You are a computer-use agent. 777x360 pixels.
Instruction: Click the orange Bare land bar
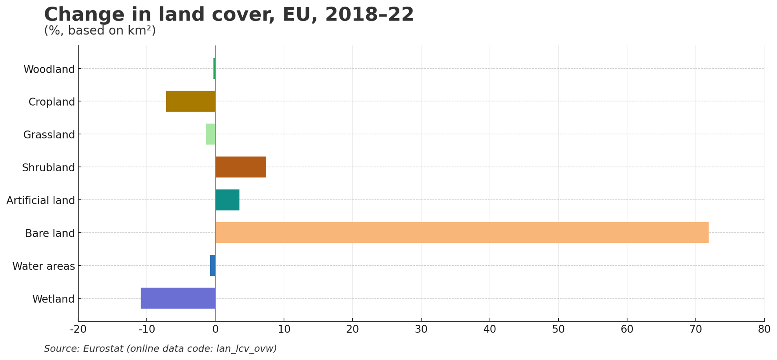click(462, 232)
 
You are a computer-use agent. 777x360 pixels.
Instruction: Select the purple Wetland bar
click(178, 298)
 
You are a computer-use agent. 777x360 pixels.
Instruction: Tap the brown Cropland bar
click(190, 101)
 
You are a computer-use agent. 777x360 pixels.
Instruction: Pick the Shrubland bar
click(240, 167)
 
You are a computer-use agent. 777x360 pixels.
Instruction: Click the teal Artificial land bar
click(227, 200)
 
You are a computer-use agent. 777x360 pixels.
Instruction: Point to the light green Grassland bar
click(210, 134)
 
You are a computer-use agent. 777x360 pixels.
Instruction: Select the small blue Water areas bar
click(213, 265)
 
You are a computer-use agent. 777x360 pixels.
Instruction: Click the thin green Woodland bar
click(214, 68)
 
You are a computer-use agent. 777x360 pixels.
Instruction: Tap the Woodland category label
click(49, 69)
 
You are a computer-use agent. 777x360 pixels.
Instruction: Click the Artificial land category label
click(40, 200)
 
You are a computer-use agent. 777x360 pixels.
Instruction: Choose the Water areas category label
click(44, 266)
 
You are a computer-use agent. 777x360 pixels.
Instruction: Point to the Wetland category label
click(53, 299)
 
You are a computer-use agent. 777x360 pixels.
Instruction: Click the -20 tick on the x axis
click(78, 329)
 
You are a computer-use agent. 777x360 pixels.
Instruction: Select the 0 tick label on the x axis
click(215, 329)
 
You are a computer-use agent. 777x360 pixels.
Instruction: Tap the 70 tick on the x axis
click(695, 329)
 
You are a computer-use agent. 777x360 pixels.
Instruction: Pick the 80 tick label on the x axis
click(764, 329)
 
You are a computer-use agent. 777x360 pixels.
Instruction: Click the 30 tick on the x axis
click(421, 329)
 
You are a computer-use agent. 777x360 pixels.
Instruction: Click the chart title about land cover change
click(229, 14)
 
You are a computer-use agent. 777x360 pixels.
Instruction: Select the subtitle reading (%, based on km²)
click(100, 30)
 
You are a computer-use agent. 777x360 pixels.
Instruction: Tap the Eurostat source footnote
click(160, 348)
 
